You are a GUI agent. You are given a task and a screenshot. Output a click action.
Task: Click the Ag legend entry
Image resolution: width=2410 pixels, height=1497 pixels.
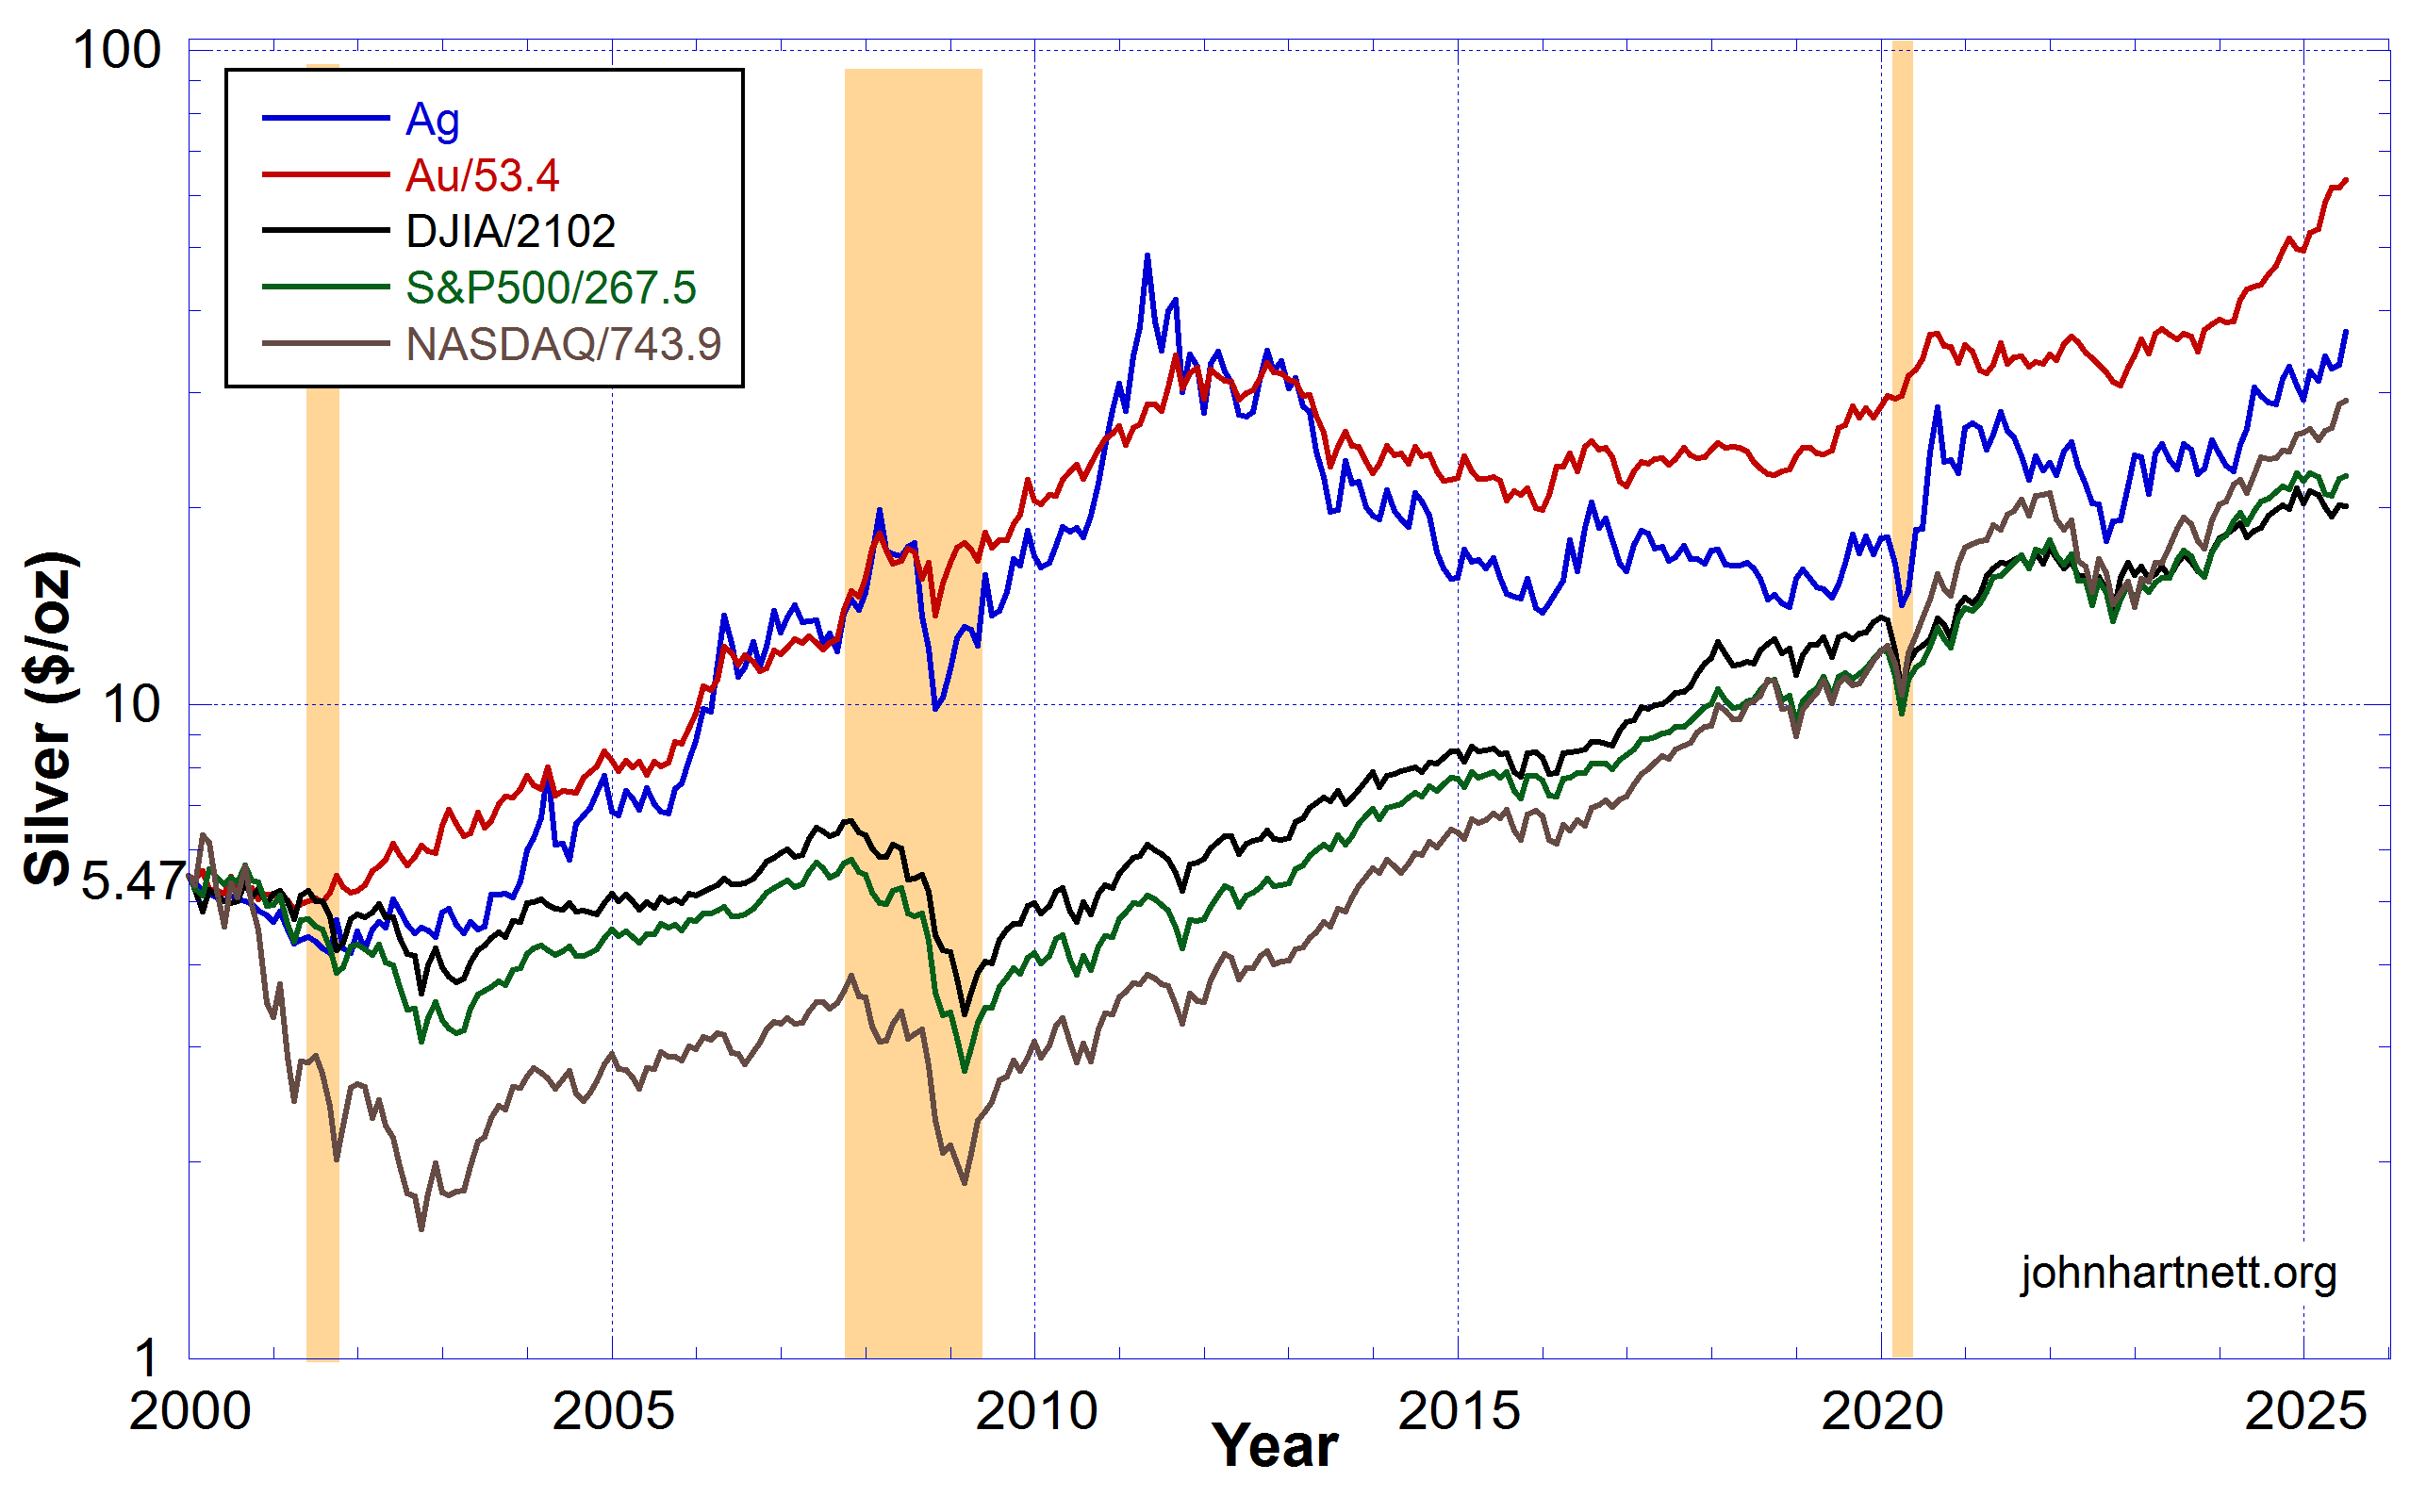click(x=433, y=120)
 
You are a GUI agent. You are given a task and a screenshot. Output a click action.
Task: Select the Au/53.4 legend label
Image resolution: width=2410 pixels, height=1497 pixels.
click(x=482, y=176)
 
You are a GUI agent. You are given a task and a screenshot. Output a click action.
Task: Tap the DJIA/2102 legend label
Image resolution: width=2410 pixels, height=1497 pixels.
click(x=510, y=232)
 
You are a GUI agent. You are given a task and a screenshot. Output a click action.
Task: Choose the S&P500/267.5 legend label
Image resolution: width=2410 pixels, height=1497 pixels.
click(x=551, y=288)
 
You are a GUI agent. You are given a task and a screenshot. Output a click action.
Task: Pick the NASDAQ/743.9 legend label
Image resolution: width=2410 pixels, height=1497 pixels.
click(x=562, y=344)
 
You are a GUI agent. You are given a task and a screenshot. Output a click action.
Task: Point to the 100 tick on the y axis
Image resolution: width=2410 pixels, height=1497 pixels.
click(x=117, y=51)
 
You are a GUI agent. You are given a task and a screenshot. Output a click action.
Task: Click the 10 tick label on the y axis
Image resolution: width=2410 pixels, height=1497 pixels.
click(x=132, y=705)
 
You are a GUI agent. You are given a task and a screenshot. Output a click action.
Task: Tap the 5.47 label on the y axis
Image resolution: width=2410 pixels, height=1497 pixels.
click(x=133, y=880)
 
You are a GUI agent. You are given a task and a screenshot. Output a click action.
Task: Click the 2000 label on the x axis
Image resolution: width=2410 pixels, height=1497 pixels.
click(x=190, y=1412)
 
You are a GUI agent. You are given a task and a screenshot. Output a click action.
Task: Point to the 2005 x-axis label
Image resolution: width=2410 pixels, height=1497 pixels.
click(x=613, y=1412)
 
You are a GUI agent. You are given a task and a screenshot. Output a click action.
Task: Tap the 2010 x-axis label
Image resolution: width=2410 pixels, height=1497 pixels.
click(x=1036, y=1412)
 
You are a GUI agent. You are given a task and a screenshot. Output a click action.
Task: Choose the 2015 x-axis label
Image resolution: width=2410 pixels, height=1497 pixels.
click(x=1459, y=1412)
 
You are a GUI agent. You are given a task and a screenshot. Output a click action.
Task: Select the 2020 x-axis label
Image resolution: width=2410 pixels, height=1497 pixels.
click(x=1882, y=1412)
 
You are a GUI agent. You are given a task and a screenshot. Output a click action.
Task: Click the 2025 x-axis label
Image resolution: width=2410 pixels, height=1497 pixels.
click(x=2305, y=1412)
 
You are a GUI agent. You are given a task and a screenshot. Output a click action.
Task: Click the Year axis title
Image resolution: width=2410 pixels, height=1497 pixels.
click(x=1275, y=1447)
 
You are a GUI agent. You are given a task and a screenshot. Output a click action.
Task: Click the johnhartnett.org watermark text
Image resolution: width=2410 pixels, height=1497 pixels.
click(x=2178, y=1274)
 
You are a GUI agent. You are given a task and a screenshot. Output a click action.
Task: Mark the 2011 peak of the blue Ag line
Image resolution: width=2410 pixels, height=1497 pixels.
click(x=1147, y=255)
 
